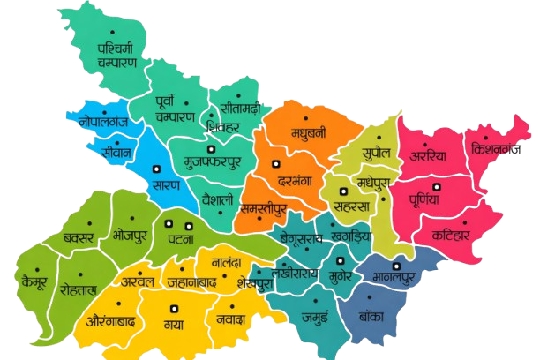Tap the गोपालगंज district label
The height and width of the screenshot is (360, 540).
(x=103, y=122)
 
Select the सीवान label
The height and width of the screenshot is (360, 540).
(x=116, y=151)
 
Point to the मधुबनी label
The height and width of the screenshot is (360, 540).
(x=309, y=134)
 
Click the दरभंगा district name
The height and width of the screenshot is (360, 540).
(x=296, y=178)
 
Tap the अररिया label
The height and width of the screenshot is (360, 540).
(x=428, y=156)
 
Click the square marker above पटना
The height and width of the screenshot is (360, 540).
(x=188, y=226)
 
